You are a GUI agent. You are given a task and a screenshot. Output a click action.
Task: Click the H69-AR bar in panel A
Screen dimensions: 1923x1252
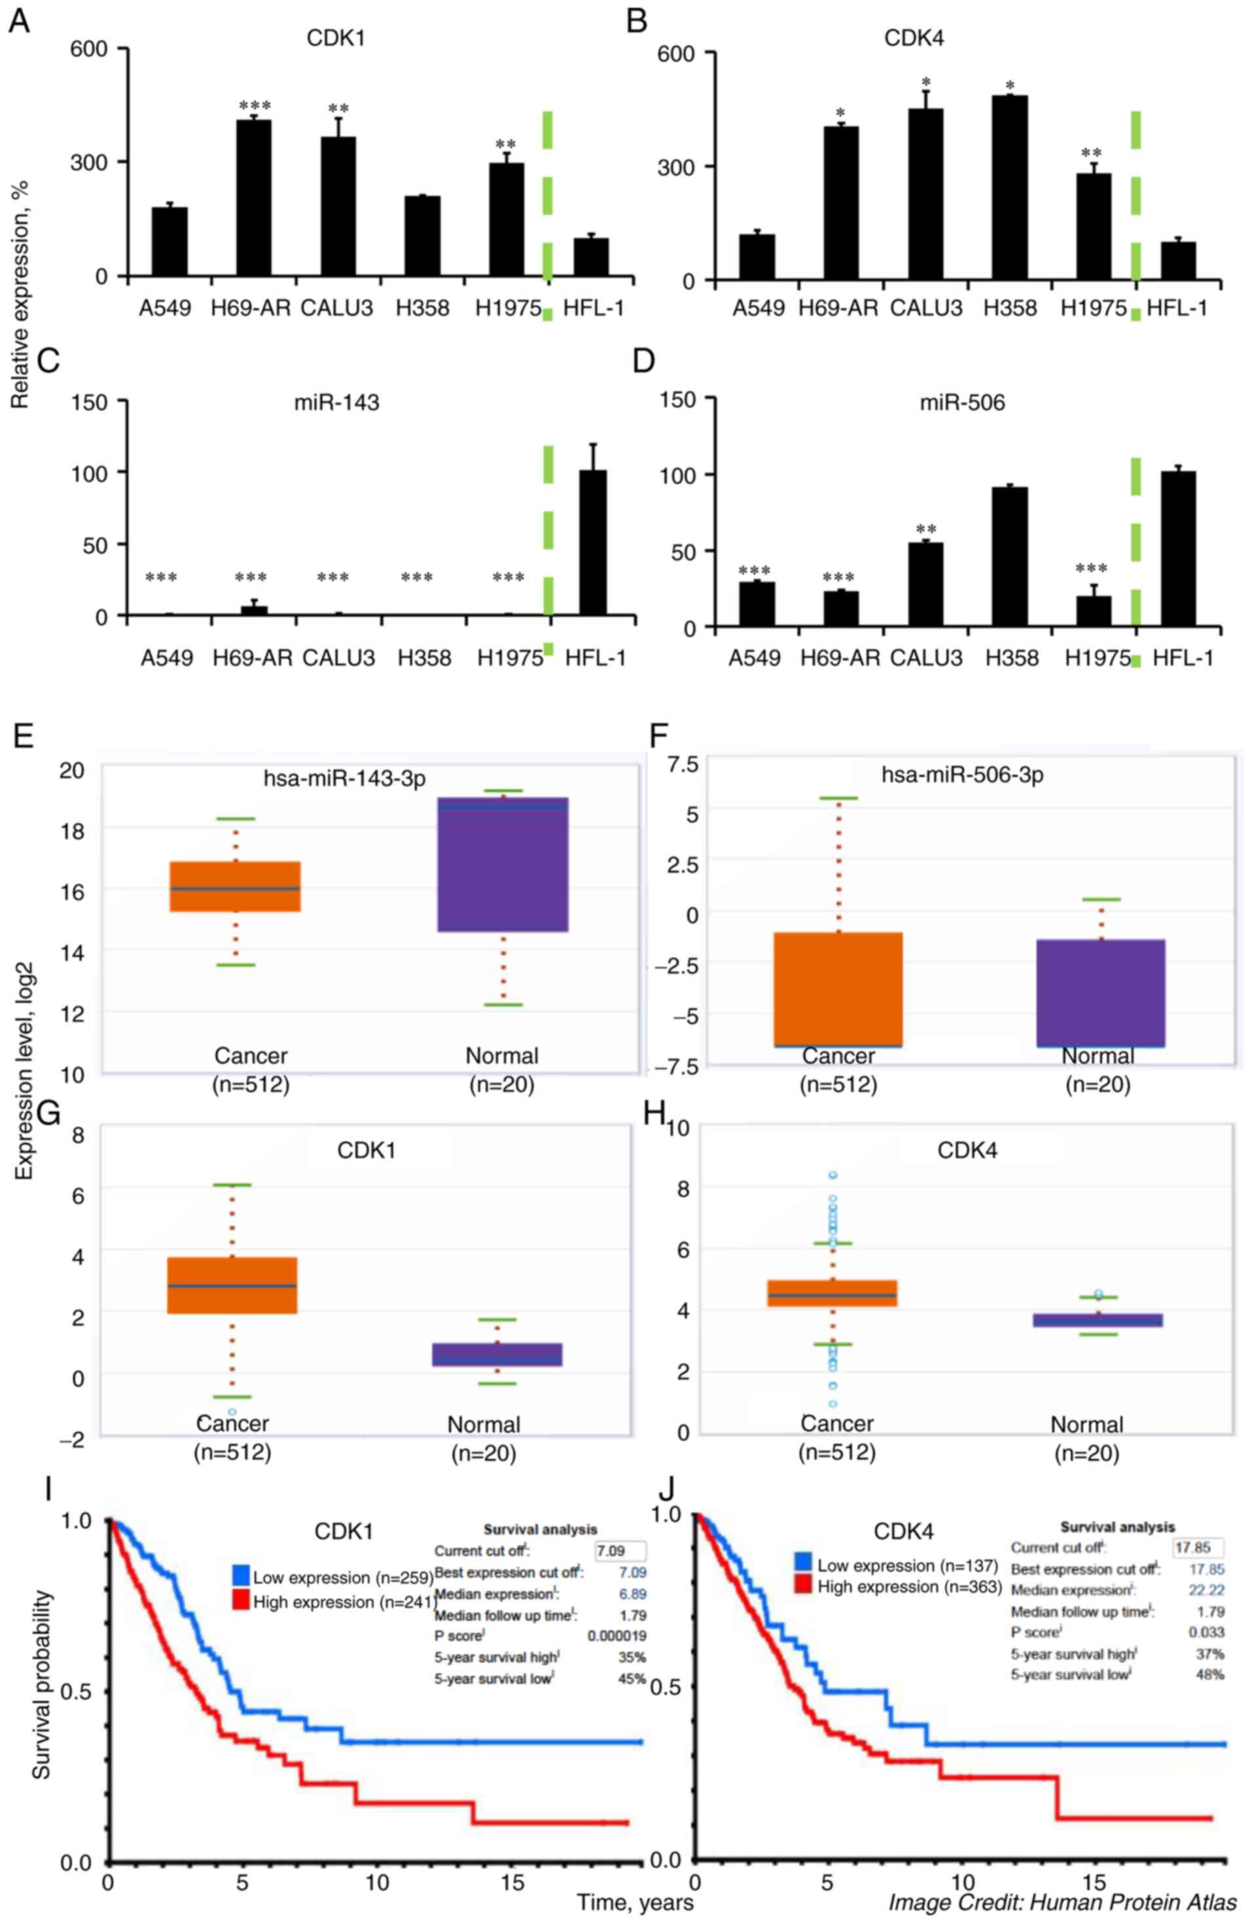pyautogui.click(x=253, y=198)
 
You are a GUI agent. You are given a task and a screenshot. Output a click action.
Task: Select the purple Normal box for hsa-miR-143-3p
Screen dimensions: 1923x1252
pyautogui.click(x=503, y=864)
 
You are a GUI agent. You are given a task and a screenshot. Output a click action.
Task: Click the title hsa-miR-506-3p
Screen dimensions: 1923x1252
pyautogui.click(x=962, y=775)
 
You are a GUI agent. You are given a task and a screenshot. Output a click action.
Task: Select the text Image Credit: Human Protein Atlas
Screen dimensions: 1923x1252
pyautogui.click(x=1062, y=1902)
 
